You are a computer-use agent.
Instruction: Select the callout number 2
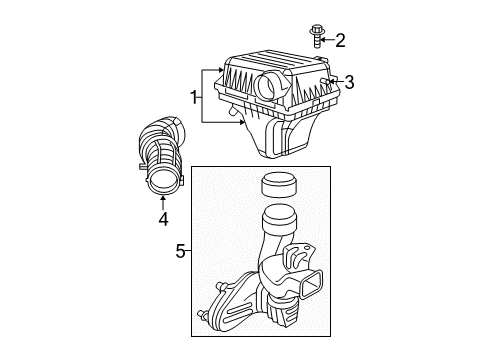(340, 40)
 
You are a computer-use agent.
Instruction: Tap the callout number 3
(350, 81)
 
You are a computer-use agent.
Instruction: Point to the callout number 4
(162, 218)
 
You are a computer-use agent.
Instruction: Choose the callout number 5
(181, 251)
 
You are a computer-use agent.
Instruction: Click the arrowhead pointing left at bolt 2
(327, 40)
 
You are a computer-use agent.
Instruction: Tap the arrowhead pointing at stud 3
(334, 81)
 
